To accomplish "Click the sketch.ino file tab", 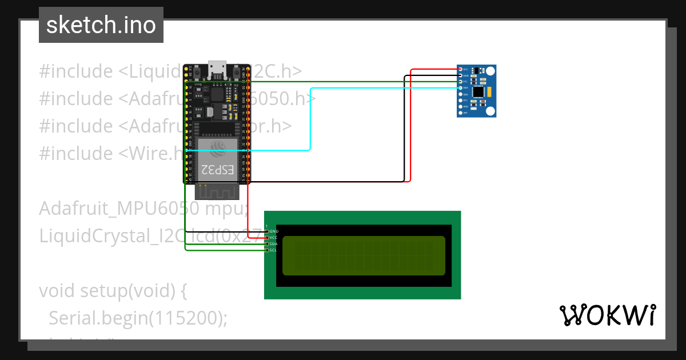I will click(101, 25).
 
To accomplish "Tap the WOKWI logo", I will click(607, 315).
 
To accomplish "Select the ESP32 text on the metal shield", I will click(217, 169).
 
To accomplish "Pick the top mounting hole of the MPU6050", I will click(490, 70).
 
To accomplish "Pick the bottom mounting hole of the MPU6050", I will click(490, 111).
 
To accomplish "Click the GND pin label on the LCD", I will click(273, 231).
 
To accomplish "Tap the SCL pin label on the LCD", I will click(273, 250).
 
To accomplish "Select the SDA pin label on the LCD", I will click(273, 243).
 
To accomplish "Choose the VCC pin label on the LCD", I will click(273, 237).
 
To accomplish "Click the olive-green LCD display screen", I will click(364, 255).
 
